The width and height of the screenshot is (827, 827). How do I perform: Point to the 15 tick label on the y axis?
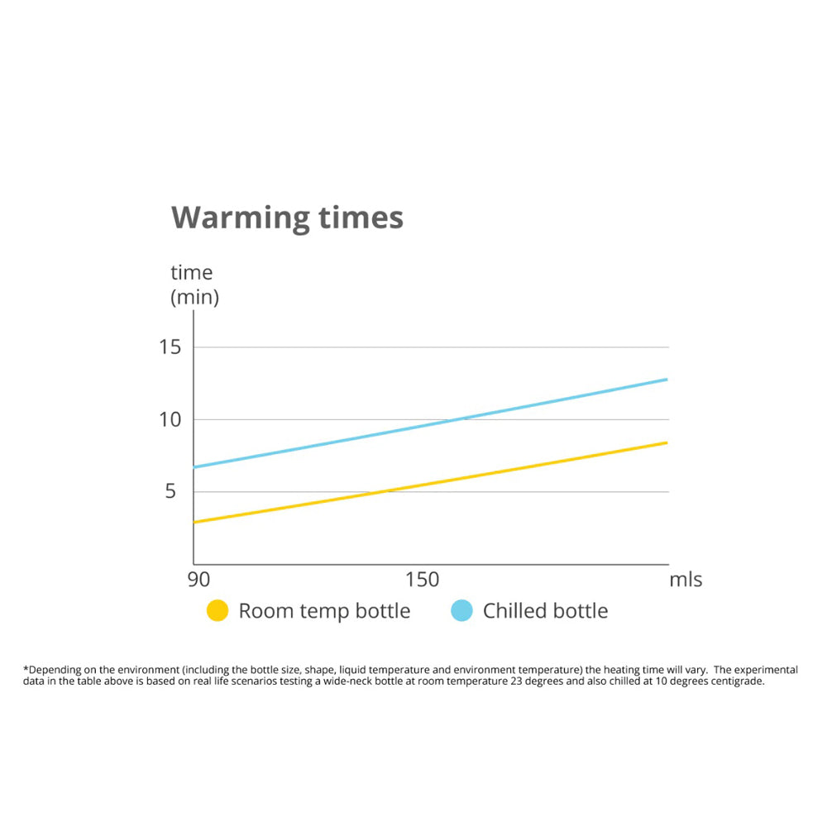[170, 347]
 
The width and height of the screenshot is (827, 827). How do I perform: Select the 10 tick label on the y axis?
[170, 419]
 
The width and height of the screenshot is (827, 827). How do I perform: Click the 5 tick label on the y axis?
[170, 492]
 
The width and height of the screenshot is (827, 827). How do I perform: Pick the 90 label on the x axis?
[198, 580]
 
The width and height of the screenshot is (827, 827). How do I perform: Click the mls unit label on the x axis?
[686, 580]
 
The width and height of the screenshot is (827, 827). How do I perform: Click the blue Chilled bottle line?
[430, 426]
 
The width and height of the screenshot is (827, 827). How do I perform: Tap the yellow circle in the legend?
[217, 611]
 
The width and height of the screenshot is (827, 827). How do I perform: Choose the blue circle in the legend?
[461, 611]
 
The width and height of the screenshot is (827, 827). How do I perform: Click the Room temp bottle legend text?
[324, 611]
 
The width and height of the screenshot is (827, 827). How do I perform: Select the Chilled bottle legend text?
[545, 611]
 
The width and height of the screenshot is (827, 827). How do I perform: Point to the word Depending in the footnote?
[57, 670]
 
